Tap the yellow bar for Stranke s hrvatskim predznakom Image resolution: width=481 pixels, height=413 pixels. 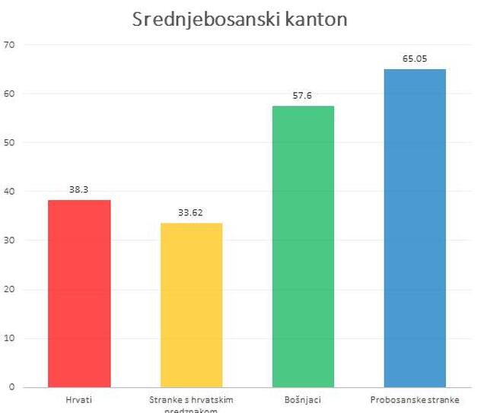click(x=191, y=304)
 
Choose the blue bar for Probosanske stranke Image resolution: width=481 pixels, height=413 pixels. click(x=415, y=227)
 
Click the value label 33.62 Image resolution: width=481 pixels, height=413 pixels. click(x=191, y=213)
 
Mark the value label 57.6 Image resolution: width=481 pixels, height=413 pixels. click(x=303, y=96)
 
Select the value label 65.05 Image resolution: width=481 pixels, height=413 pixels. click(x=415, y=59)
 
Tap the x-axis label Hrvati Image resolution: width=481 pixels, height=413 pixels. click(x=79, y=399)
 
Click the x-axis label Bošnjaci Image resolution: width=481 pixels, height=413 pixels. click(x=303, y=399)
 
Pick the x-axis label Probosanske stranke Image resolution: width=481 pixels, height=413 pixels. click(x=415, y=399)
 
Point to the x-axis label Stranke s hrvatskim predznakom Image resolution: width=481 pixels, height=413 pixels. click(x=191, y=404)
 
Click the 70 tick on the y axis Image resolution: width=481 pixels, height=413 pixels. click(x=9, y=45)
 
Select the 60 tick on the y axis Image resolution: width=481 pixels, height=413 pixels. click(x=9, y=94)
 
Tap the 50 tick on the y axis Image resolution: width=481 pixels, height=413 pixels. click(x=9, y=142)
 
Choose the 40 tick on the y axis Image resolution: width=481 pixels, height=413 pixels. click(x=9, y=192)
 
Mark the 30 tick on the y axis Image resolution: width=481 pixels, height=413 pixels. click(x=9, y=240)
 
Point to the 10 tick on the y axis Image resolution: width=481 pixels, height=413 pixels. click(x=9, y=338)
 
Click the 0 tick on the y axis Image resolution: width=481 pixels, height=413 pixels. click(x=11, y=387)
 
